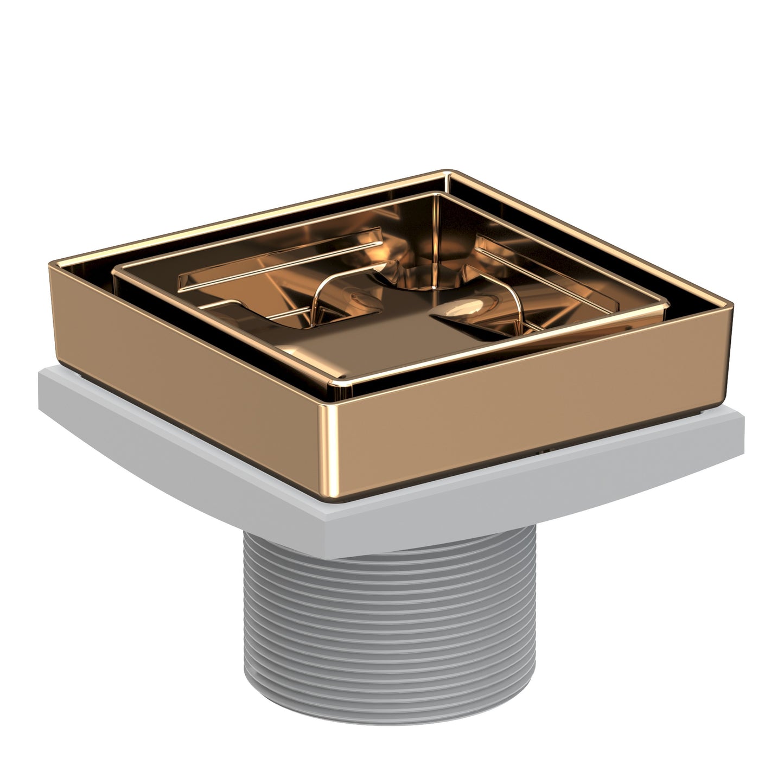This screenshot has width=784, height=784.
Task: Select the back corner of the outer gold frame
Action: tap(449, 173)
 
